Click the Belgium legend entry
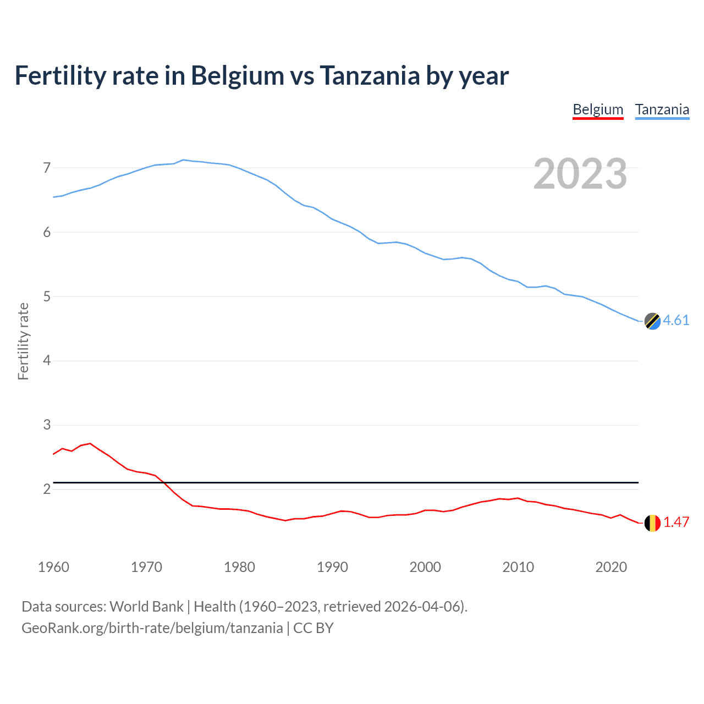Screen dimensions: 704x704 (598, 109)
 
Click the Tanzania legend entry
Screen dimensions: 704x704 (662, 109)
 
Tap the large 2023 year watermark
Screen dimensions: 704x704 (580, 174)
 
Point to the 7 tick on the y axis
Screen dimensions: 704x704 (47, 168)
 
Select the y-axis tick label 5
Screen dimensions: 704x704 (47, 296)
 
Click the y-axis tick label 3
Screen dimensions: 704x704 (47, 425)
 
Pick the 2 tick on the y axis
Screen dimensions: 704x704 (47, 489)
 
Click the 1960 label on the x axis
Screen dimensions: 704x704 (53, 567)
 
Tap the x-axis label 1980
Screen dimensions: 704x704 (239, 567)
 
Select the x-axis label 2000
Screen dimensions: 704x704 (425, 567)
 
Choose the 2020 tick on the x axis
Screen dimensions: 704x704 (611, 567)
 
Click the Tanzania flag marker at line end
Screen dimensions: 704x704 (652, 321)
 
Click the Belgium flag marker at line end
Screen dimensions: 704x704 (652, 523)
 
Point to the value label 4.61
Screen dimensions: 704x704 (676, 320)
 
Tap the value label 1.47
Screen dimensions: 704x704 (676, 522)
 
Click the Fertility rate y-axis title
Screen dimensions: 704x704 (23, 341)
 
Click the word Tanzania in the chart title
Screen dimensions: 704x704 (370, 75)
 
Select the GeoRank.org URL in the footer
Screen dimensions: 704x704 (152, 628)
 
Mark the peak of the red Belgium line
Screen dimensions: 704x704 (90, 443)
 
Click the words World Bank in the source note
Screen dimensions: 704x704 (146, 607)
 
